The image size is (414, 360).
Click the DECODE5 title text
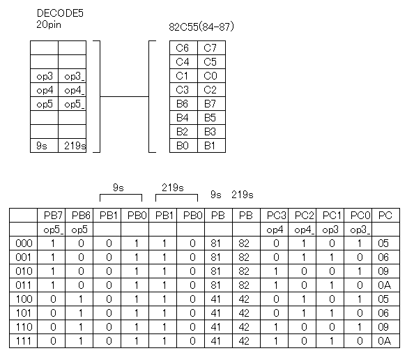point(60,13)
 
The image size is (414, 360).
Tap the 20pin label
point(49,25)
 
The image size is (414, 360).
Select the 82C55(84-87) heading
point(201,27)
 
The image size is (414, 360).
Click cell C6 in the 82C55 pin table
point(183,48)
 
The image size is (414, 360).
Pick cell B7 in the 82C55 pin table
point(210,104)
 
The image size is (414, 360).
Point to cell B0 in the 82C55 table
point(183,146)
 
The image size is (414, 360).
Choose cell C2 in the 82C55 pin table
point(210,90)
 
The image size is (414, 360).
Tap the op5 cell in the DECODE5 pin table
point(45,105)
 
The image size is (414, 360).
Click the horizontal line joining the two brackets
point(124,97)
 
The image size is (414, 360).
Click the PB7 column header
point(54,216)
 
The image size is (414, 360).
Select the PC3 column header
point(277,216)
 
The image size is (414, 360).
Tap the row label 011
point(24,285)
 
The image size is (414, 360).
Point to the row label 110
point(24,327)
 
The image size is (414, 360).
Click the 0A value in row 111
point(385,341)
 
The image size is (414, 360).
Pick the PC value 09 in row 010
point(383,271)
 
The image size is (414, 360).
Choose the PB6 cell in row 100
point(81,299)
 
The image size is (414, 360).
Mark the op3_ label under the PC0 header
point(360,230)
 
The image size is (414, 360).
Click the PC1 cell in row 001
point(332,257)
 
